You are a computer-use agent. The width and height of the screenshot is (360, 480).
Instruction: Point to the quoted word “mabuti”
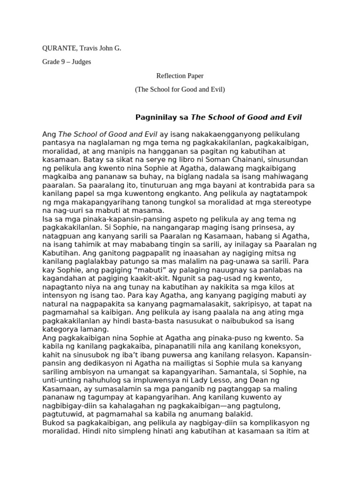click(x=142, y=270)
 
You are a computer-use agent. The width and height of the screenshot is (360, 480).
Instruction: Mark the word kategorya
click(x=61, y=329)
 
